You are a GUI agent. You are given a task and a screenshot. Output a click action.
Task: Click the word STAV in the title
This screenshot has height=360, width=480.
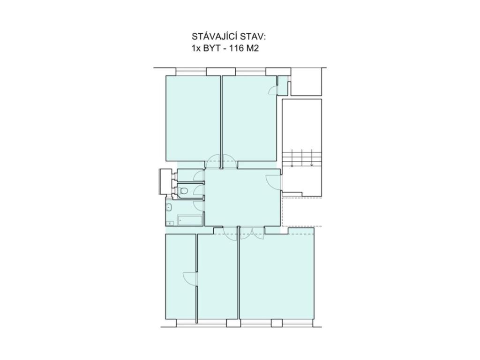(253, 37)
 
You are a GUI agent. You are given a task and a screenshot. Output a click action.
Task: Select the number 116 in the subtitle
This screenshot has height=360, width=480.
(236, 48)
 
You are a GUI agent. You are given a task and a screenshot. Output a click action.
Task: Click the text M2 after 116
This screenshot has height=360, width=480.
(252, 48)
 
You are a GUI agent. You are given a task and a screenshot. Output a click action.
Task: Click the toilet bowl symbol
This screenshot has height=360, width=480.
(183, 191)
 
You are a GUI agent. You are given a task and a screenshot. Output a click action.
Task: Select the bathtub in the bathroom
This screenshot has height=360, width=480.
(190, 220)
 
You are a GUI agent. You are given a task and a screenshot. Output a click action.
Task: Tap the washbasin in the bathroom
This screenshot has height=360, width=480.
(169, 208)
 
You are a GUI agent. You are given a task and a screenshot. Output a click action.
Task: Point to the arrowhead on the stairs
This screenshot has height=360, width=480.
(312, 165)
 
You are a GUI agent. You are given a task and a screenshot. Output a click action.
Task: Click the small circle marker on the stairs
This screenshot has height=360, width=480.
(292, 166)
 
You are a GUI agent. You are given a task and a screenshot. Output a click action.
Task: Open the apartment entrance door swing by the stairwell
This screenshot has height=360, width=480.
(273, 182)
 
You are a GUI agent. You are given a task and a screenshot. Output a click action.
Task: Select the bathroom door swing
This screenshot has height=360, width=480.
(199, 206)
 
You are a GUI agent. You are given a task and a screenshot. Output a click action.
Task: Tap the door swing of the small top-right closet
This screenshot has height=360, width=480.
(273, 90)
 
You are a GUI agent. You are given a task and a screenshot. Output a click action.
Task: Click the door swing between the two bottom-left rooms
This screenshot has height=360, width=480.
(189, 279)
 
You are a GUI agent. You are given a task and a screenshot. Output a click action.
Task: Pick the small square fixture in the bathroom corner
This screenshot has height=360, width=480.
(170, 224)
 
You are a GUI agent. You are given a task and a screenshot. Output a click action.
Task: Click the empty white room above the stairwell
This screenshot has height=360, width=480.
(307, 82)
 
